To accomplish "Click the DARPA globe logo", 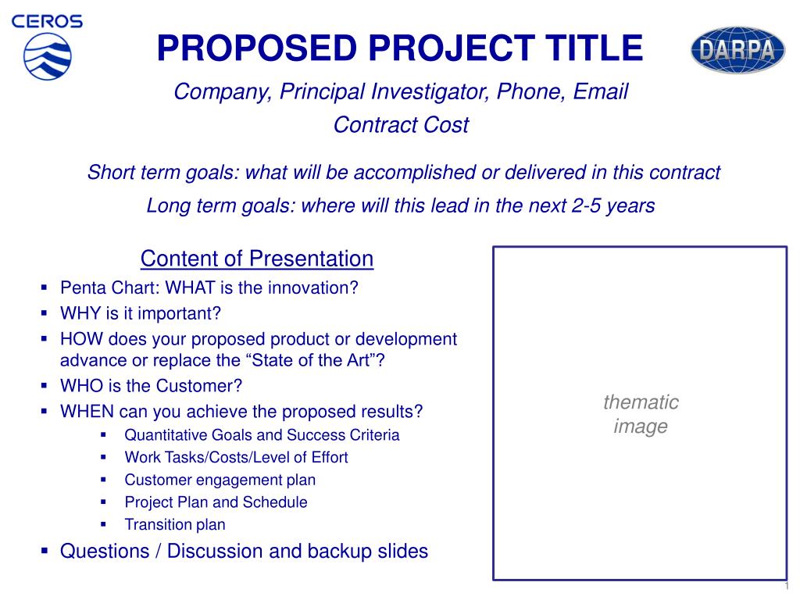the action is pos(737,50).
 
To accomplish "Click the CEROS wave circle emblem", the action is pos(48,56).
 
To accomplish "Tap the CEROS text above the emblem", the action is pos(47,21).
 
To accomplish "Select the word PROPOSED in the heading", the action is pos(256,48).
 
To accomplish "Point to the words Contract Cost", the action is pos(401,125).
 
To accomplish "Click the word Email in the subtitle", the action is pos(601,92).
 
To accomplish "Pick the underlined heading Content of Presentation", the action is pos(257,259).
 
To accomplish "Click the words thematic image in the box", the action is pos(641,414).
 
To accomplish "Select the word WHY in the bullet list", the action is pos(81,313).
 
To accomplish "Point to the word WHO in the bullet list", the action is pos(81,386).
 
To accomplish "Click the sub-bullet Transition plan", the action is pos(175,524).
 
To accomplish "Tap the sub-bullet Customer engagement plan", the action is pos(220,480).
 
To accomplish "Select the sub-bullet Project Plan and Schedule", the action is pos(216,502).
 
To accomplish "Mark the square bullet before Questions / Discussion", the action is pos(45,551).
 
